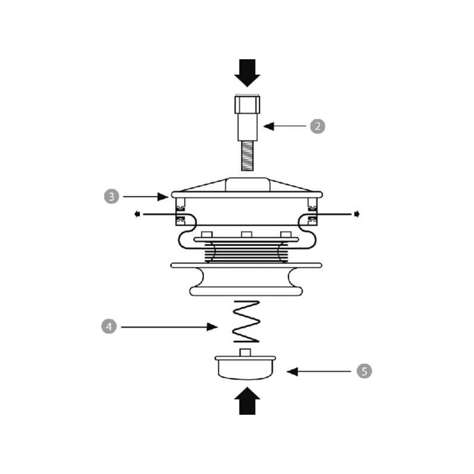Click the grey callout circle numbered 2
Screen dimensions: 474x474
click(x=318, y=126)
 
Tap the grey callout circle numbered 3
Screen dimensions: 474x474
click(x=111, y=197)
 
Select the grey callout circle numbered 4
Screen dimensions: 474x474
click(x=109, y=326)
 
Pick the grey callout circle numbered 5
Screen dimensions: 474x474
click(x=364, y=371)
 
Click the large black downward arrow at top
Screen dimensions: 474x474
click(x=247, y=73)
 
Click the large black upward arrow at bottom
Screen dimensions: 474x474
click(x=247, y=401)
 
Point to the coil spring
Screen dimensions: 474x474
click(x=246, y=321)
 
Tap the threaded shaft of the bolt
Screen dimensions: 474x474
click(x=247, y=156)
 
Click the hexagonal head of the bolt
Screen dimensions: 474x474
click(x=247, y=104)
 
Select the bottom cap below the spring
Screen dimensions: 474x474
click(x=245, y=368)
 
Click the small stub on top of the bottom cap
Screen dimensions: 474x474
click(x=245, y=353)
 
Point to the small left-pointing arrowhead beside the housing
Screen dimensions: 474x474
click(x=137, y=214)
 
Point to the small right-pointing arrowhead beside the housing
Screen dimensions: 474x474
click(x=357, y=214)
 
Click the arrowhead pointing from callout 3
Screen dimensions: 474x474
click(x=162, y=197)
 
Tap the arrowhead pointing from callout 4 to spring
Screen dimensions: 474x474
click(x=212, y=327)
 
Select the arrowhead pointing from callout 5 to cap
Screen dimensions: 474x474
click(x=292, y=371)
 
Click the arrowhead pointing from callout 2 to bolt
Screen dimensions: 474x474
click(x=269, y=126)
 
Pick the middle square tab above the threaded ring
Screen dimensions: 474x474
click(x=246, y=235)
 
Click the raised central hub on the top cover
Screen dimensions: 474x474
click(x=248, y=184)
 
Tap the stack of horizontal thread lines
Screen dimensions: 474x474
click(x=246, y=252)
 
